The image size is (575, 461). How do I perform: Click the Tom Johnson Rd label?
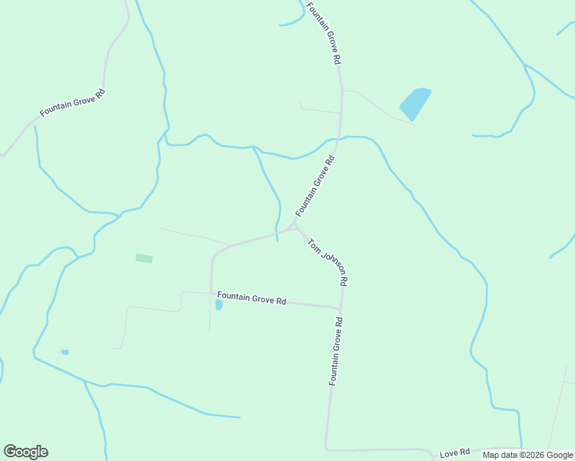coord(328,262)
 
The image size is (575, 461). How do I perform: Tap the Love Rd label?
coord(454,453)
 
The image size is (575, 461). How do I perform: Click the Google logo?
coord(25,452)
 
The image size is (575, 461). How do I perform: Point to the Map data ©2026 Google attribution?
coord(528,455)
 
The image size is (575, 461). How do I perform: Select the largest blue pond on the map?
coord(415,103)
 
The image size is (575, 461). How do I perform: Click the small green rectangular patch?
coord(144,258)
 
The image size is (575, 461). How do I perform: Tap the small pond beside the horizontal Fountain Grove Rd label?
coord(219,305)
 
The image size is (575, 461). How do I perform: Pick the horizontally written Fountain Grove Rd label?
coord(251,298)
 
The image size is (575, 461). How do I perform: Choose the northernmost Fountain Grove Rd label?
coord(324,33)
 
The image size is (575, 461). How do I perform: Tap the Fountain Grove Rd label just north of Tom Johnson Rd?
coord(316,186)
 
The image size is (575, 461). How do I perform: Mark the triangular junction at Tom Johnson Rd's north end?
coord(293,227)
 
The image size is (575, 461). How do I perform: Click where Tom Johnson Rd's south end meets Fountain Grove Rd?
coord(341,309)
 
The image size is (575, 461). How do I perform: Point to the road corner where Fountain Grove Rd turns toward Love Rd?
coord(327,448)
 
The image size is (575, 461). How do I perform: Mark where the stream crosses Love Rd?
coord(520,447)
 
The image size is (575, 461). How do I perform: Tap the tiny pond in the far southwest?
coord(65,352)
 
